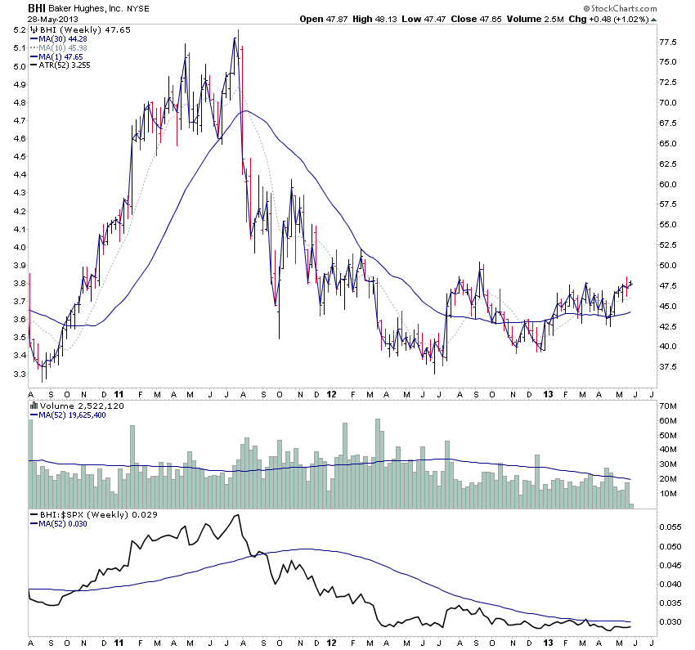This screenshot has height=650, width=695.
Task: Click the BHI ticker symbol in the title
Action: click(37, 7)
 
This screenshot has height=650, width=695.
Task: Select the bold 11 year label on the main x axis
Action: click(120, 393)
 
